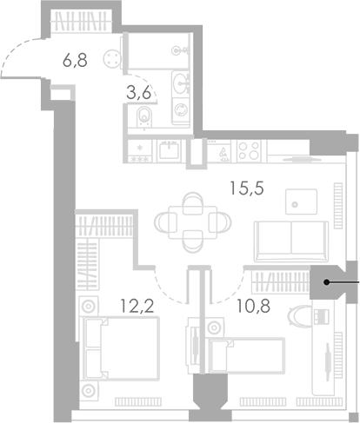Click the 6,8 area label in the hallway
click(75, 61)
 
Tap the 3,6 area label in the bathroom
click(139, 93)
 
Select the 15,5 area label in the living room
click(247, 188)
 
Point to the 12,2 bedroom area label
click(137, 306)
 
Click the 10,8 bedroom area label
click(253, 306)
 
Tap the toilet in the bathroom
click(144, 116)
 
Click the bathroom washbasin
click(181, 83)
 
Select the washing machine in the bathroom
click(181, 110)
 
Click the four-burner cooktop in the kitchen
click(249, 151)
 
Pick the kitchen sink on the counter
click(169, 151)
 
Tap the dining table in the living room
click(193, 222)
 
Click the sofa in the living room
click(291, 241)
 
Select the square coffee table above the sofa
click(301, 202)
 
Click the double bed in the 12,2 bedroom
click(121, 348)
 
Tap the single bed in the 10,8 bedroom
click(247, 355)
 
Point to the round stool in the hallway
click(111, 59)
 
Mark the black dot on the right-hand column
click(326, 282)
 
